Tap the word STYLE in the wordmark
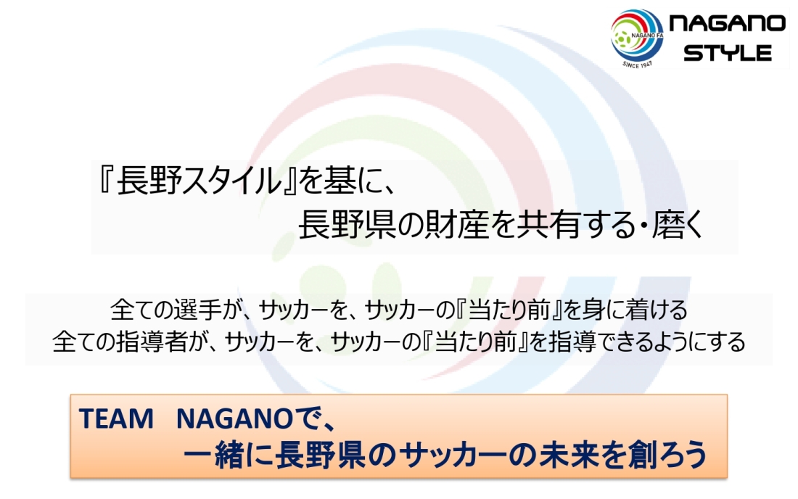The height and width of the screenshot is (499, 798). coord(728,53)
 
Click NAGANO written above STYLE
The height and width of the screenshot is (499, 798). coord(727,23)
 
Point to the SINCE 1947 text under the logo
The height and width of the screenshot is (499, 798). coord(637,65)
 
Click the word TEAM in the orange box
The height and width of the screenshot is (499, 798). coord(116,419)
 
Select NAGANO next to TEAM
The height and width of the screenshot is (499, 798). coord(234,419)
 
